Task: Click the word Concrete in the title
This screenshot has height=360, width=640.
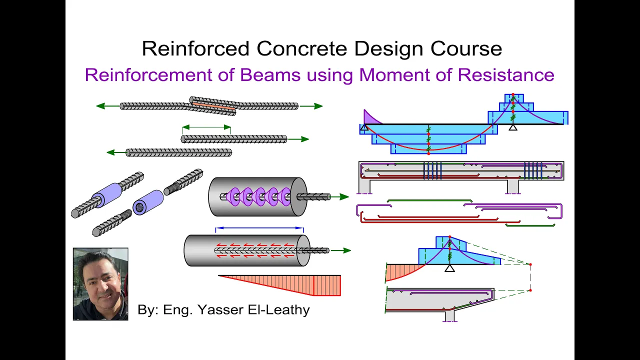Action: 301,48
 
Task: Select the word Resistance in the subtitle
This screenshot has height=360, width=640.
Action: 506,75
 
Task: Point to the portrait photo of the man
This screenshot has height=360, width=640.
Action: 100,284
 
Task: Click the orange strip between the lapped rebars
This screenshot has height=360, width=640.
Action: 213,106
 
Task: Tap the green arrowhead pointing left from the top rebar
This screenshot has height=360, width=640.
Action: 101,106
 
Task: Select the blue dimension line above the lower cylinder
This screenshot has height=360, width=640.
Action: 259,228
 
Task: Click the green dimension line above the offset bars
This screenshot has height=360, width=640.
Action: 206,127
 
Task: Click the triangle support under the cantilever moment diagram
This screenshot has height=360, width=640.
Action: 449,268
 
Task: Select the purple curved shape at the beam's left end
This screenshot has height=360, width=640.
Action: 371,117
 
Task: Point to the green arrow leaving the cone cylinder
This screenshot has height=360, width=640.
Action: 340,197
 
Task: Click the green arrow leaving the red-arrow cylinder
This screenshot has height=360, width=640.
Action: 341,250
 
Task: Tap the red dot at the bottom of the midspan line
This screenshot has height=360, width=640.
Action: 428,153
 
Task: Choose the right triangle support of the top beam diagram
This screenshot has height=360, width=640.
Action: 513,127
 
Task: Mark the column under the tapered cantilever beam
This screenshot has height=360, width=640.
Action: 449,316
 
